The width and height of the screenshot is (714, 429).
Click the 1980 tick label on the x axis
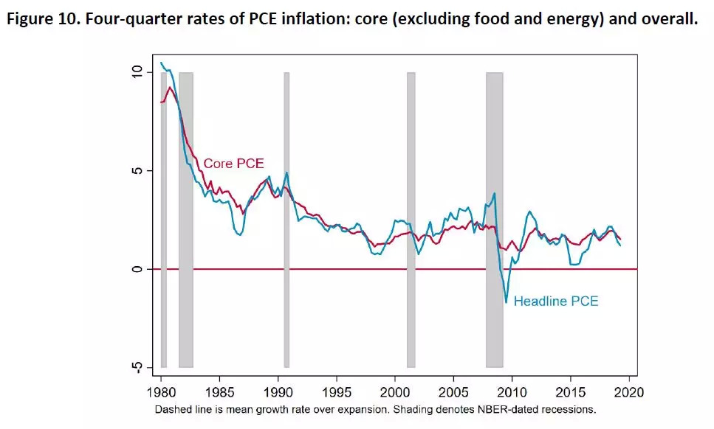[x=161, y=390]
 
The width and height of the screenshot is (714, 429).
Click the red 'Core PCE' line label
[x=233, y=164]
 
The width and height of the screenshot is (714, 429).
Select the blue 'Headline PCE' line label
[x=556, y=301]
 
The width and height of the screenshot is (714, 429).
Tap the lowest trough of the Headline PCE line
[x=507, y=301]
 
